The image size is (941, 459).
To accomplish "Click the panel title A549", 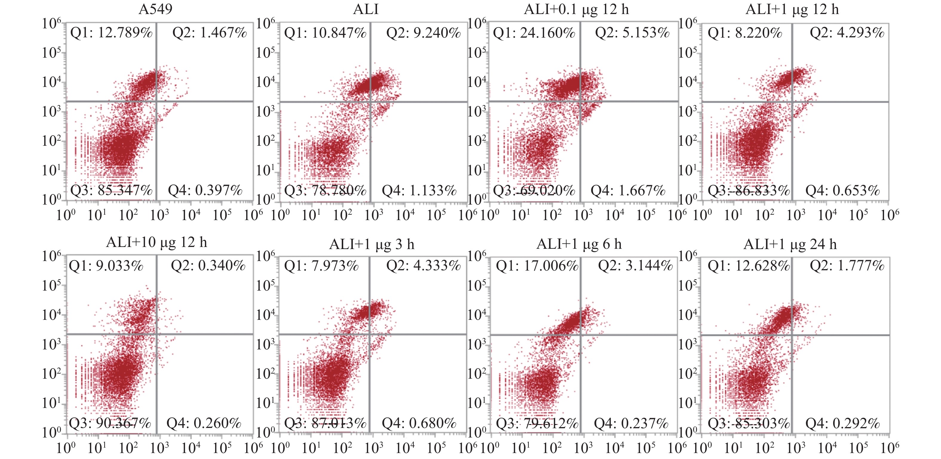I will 155,9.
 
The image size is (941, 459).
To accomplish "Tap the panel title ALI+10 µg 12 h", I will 156,242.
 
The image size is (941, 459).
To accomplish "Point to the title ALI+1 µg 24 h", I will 790,244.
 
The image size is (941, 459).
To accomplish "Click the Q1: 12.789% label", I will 111,33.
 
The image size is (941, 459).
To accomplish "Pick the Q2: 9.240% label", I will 424,33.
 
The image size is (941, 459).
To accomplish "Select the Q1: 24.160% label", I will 534,33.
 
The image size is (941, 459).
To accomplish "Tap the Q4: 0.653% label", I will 842,190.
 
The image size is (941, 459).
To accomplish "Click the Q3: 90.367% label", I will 110,423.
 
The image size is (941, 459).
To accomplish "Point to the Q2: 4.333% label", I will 424,265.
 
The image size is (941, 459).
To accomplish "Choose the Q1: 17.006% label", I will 537,265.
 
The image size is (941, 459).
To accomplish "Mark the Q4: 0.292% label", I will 842,423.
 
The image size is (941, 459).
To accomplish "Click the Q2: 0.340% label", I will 208,265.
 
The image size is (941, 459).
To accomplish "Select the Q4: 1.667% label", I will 628,190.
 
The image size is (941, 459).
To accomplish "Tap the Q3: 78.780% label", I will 325,190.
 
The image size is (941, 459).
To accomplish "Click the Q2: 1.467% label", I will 210,33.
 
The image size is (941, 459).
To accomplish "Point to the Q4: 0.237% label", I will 631,423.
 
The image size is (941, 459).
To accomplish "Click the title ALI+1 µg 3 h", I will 372,244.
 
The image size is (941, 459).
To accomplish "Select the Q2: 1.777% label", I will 847,265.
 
